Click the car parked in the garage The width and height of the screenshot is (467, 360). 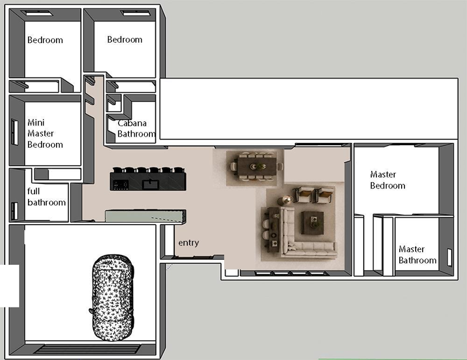tap(111, 298)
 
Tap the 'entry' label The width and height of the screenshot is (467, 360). tap(189, 243)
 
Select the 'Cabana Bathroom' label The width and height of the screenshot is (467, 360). tap(136, 128)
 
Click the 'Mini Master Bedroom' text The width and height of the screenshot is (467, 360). tap(45, 134)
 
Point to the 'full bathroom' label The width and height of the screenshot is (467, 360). tap(47, 197)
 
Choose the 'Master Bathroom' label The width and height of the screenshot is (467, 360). tap(417, 254)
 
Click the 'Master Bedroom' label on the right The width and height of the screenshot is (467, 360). tap(388, 180)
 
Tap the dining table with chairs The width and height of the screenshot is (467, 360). tap(257, 167)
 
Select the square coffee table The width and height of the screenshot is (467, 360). tap(312, 222)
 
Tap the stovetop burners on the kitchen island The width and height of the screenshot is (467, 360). tap(121, 185)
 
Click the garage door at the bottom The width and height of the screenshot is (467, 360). tap(86, 349)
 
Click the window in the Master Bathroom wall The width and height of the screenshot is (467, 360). tap(449, 257)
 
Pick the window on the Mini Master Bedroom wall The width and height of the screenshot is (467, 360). tap(14, 132)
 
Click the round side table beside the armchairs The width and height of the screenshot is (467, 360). tap(287, 200)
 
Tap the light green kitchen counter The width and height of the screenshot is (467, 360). tap(145, 215)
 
